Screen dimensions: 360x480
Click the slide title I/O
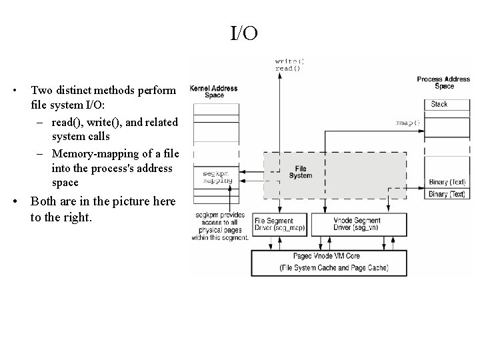click(x=244, y=33)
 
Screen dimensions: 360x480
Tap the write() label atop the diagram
click(x=289, y=61)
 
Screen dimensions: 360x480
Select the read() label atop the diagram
click(x=288, y=69)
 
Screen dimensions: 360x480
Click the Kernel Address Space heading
click(x=213, y=91)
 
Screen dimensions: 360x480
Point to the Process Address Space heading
click(x=443, y=83)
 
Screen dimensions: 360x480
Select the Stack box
click(x=439, y=105)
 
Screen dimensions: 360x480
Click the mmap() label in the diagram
click(x=408, y=123)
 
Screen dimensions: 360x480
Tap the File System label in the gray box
click(x=301, y=172)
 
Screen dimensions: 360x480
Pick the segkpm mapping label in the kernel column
click(x=217, y=177)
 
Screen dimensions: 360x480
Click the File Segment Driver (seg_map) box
click(x=279, y=224)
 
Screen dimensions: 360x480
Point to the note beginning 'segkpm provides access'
click(x=221, y=226)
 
